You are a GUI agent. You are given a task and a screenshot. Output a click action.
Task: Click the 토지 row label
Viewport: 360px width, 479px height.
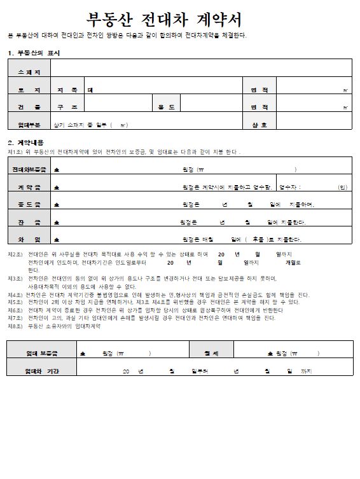[x=29, y=90]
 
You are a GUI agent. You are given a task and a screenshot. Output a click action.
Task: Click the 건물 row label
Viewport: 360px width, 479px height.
[x=29, y=107]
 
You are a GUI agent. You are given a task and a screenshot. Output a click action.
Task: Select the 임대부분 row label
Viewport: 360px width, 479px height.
[x=29, y=124]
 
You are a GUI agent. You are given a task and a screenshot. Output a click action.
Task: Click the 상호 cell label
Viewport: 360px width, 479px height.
[x=259, y=124]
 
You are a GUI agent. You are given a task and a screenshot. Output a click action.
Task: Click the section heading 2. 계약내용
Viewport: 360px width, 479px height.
[x=25, y=142]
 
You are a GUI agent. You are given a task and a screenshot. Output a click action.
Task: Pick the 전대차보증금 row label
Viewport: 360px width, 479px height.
[x=29, y=170]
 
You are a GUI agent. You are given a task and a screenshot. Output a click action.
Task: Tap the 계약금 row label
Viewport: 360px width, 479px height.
[x=29, y=187]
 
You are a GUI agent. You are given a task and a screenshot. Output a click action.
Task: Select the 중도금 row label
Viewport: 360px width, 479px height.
[x=29, y=204]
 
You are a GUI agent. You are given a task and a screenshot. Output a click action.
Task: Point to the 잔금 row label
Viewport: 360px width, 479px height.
[x=29, y=222]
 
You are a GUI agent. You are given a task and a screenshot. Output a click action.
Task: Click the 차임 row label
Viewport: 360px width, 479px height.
[x=29, y=239]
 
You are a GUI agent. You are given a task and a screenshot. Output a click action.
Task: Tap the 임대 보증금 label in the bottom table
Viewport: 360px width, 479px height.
[x=41, y=353]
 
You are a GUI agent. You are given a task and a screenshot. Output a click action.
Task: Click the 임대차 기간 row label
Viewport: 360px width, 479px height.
[x=41, y=370]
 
